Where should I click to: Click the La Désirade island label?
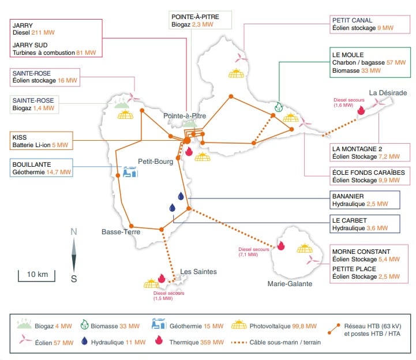[388, 93]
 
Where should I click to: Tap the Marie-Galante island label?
[289, 284]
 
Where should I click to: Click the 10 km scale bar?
[38, 274]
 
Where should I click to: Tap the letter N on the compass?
[74, 232]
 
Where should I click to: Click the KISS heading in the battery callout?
[20, 137]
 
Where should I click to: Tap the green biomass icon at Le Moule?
[279, 107]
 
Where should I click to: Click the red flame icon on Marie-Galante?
[281, 246]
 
